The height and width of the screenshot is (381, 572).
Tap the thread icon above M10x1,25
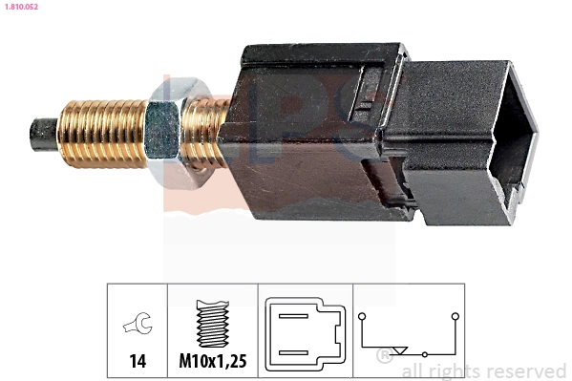click(213, 323)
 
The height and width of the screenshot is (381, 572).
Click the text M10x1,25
click(213, 363)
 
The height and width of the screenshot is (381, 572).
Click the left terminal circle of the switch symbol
click(363, 315)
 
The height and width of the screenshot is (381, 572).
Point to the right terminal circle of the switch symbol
click(455, 315)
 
